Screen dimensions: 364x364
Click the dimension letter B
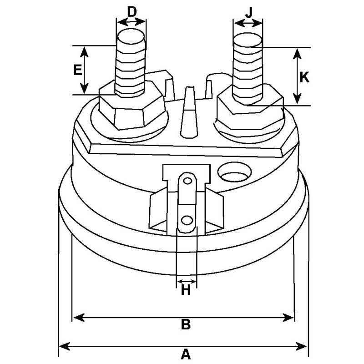(x=185, y=325)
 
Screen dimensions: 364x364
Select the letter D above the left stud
(x=131, y=11)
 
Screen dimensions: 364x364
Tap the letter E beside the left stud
(x=77, y=70)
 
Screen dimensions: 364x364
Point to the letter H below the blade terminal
(x=186, y=290)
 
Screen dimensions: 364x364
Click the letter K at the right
(x=304, y=77)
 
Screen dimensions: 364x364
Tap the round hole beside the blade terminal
(x=235, y=173)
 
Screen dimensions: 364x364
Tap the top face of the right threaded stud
(x=248, y=39)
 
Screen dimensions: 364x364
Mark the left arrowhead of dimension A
(x=63, y=346)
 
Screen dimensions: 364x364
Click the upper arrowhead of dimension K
(x=297, y=51)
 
